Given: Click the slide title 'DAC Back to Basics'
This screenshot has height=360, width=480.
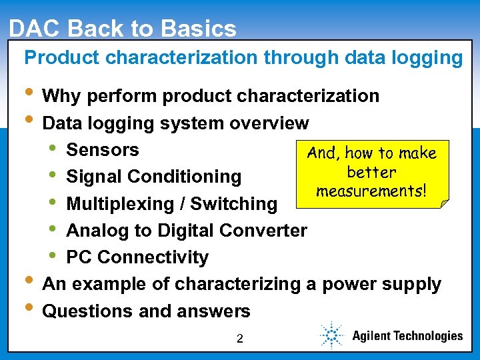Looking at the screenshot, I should click(123, 29).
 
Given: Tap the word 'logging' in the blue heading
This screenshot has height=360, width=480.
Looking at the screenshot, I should click(427, 59).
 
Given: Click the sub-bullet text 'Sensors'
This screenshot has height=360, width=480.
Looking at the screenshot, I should click(103, 150).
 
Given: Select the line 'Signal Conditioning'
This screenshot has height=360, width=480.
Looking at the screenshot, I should click(154, 177).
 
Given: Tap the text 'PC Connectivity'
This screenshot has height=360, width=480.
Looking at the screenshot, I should click(137, 257).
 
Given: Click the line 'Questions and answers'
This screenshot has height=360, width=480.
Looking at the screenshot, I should click(146, 311).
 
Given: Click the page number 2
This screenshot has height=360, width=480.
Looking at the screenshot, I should click(240, 339).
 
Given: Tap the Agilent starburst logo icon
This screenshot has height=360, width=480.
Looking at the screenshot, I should click(330, 335).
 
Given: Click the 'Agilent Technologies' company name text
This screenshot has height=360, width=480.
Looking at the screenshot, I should click(407, 336).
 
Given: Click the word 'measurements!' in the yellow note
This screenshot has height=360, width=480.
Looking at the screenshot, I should click(371, 191).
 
